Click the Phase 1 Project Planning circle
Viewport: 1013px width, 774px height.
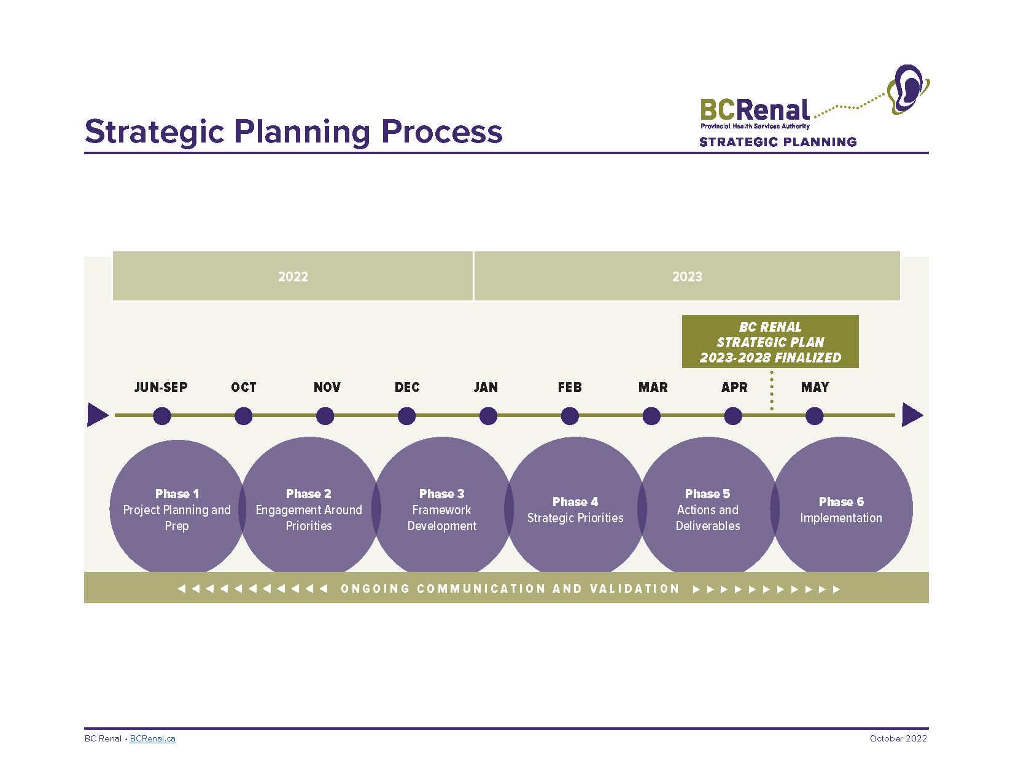click(x=177, y=509)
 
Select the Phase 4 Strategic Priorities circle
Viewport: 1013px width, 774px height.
click(x=575, y=509)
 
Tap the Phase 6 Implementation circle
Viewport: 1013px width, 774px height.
click(x=841, y=509)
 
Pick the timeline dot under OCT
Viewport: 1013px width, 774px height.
click(x=244, y=416)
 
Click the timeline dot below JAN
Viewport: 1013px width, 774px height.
click(x=488, y=416)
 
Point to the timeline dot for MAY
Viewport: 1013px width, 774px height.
click(x=814, y=416)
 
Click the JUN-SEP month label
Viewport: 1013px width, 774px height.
click(x=161, y=387)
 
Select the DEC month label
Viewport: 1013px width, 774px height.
click(x=407, y=387)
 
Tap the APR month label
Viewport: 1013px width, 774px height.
click(x=734, y=387)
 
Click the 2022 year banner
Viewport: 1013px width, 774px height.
click(x=293, y=276)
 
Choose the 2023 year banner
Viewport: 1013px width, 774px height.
click(x=687, y=276)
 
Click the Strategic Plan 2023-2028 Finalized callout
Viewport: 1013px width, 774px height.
click(x=770, y=342)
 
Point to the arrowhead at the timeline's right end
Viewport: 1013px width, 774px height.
click(x=912, y=415)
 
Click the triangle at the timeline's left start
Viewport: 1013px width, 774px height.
click(x=97, y=415)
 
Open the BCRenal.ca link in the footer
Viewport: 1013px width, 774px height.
click(x=153, y=738)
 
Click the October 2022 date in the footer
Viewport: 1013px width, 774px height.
click(x=898, y=738)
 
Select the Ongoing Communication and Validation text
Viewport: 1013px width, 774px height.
click(x=510, y=588)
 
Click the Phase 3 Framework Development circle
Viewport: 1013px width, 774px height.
click(x=442, y=509)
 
